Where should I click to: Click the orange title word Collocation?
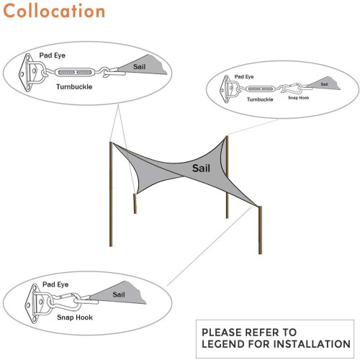pyautogui.click(x=54, y=11)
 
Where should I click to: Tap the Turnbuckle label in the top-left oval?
pyautogui.click(x=74, y=86)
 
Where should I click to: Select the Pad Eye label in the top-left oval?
pyautogui.click(x=53, y=55)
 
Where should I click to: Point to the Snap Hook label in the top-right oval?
pyautogui.click(x=298, y=98)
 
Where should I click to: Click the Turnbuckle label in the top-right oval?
pyautogui.click(x=260, y=99)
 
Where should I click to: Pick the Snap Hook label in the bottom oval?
pyautogui.click(x=75, y=318)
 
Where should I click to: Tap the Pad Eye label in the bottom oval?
pyautogui.click(x=55, y=284)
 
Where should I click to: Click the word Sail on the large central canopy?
pyautogui.click(x=201, y=168)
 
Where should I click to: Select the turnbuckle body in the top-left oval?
pyautogui.click(x=73, y=72)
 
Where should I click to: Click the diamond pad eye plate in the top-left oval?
pyautogui.click(x=26, y=73)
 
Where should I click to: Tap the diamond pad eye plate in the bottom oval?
pyautogui.click(x=32, y=303)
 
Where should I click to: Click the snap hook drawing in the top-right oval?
pyautogui.click(x=292, y=89)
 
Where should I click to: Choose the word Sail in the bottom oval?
pyautogui.click(x=119, y=294)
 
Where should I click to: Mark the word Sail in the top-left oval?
pyautogui.click(x=140, y=67)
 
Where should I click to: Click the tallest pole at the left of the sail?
pyautogui.click(x=111, y=194)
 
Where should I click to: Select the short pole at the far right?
pyautogui.click(x=260, y=230)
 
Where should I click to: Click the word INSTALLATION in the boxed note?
pyautogui.click(x=312, y=344)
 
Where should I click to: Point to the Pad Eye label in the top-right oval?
pyautogui.click(x=244, y=76)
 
